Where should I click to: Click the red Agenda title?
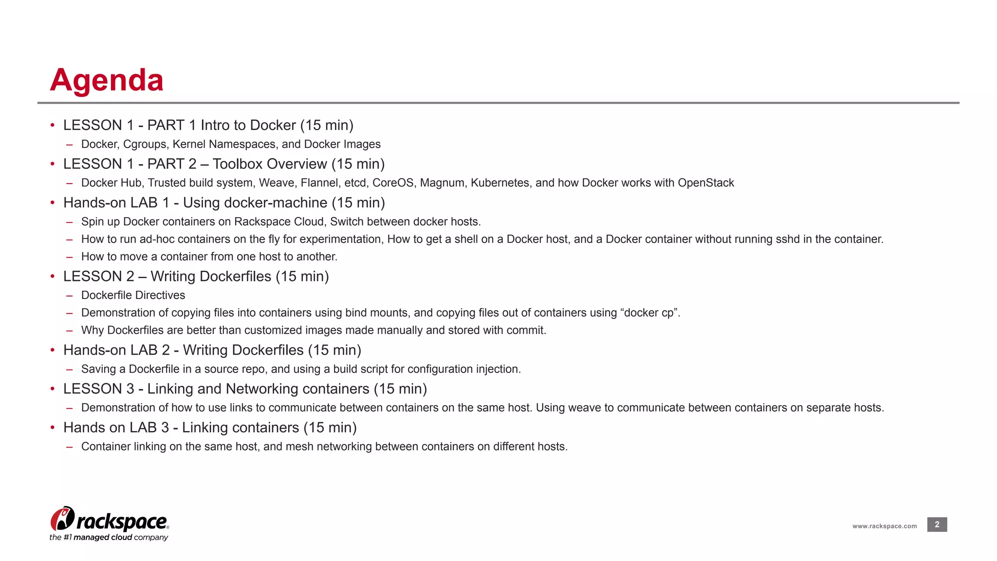107,80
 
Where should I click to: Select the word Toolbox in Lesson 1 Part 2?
238,164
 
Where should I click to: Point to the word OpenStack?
705,183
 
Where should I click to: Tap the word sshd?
789,239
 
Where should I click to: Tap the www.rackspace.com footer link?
884,526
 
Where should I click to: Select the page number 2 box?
937,524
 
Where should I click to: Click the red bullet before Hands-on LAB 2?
52,350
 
